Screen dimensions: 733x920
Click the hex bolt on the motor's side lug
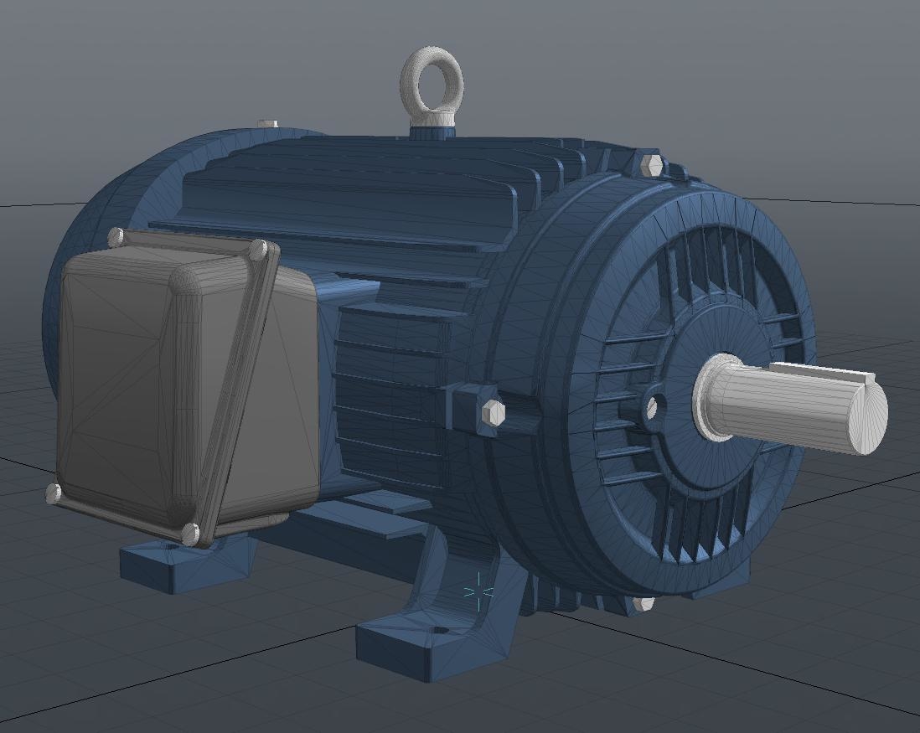pyautogui.click(x=493, y=412)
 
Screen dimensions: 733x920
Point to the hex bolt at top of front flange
pyautogui.click(x=651, y=165)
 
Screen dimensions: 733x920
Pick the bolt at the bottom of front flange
pyautogui.click(x=643, y=603)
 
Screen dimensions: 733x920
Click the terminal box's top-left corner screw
pyautogui.click(x=116, y=237)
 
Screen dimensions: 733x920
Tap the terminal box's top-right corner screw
pyautogui.click(x=259, y=249)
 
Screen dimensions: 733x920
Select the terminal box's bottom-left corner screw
pyautogui.click(x=54, y=493)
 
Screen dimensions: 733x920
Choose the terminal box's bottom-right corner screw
pyautogui.click(x=190, y=533)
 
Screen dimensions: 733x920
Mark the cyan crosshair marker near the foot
pyautogui.click(x=478, y=591)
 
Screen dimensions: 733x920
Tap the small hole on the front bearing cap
pyautogui.click(x=651, y=408)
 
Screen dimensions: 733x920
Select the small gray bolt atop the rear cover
pyautogui.click(x=267, y=124)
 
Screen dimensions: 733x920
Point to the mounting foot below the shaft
pyautogui.click(x=721, y=578)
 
